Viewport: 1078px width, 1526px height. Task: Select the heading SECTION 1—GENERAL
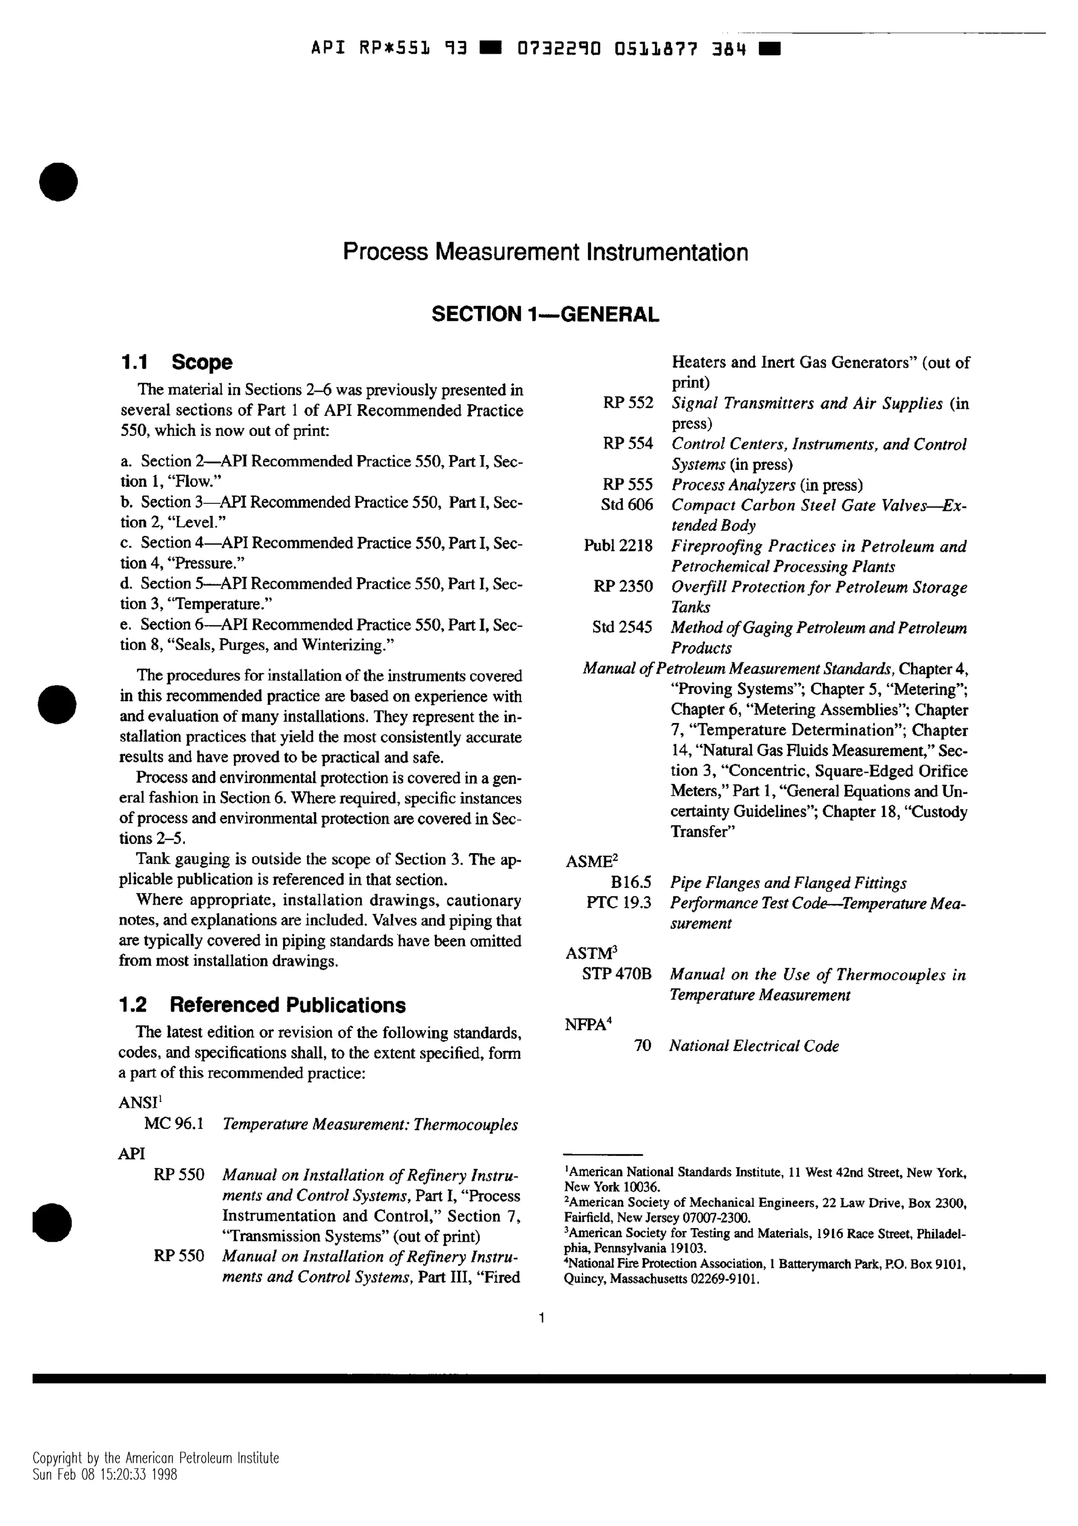pos(545,314)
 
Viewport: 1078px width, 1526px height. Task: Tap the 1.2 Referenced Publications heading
pos(262,1005)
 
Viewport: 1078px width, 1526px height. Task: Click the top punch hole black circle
pos(58,182)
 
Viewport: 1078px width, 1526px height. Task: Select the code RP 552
pos(627,403)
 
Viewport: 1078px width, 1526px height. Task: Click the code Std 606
pos(626,505)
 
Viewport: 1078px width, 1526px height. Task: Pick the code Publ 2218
pos(618,547)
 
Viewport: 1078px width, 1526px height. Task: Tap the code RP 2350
pos(622,587)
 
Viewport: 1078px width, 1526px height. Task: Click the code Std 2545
pos(622,628)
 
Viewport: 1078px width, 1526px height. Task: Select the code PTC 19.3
pos(618,903)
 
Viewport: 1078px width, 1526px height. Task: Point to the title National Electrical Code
pos(753,1046)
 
